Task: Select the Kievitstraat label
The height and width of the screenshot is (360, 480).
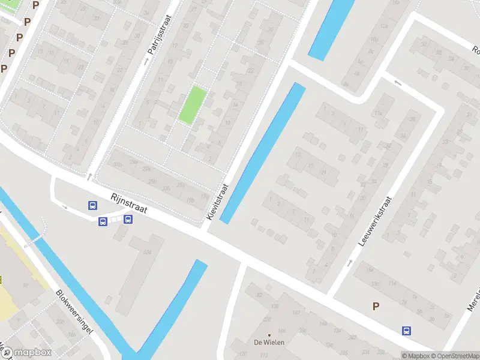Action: click(217, 201)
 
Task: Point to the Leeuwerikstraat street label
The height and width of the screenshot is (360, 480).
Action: click(374, 222)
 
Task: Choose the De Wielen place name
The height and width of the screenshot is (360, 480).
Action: click(269, 343)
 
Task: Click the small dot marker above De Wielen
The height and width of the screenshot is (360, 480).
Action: click(269, 335)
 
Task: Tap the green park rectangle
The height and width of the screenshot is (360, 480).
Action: click(193, 106)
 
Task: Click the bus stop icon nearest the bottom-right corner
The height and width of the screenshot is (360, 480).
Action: click(407, 331)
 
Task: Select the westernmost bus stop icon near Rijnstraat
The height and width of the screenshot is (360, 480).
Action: click(92, 205)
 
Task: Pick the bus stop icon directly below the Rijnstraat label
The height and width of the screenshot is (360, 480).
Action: click(128, 219)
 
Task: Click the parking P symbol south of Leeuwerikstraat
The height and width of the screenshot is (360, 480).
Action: click(376, 306)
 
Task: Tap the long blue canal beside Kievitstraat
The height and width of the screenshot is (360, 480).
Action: click(263, 153)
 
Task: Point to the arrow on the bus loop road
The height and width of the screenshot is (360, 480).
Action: click(65, 207)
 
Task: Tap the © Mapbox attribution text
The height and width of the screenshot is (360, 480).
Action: click(415, 356)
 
